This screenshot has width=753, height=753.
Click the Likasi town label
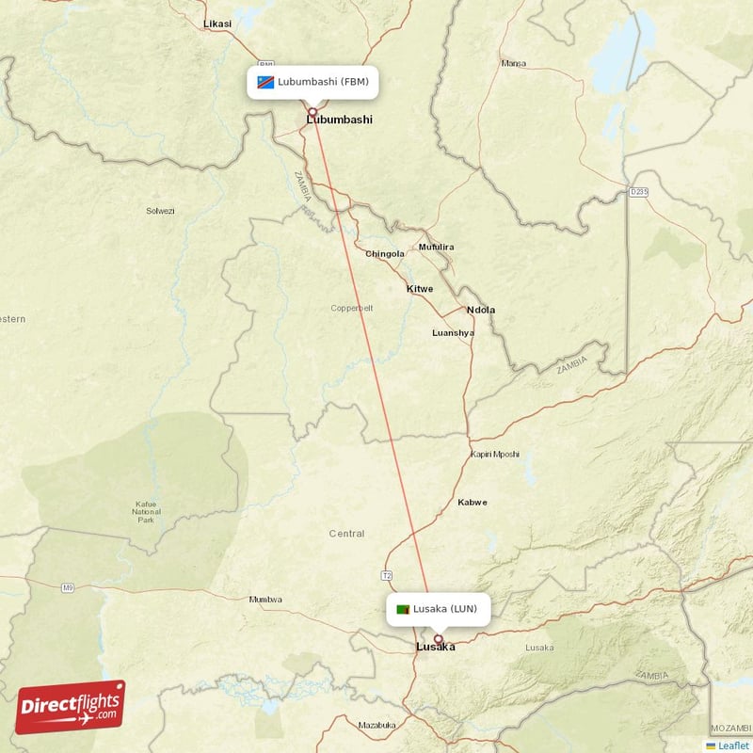coord(217,24)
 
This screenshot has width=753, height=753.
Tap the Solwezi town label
coord(160,211)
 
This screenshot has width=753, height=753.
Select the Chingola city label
coord(385,254)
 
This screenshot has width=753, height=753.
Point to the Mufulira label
coord(437,248)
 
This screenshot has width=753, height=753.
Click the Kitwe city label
coord(420,288)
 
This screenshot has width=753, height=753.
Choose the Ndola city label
coord(481,310)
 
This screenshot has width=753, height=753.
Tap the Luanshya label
coord(453,332)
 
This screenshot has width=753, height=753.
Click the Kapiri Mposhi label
coord(494,455)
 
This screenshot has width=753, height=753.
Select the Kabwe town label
coord(473,503)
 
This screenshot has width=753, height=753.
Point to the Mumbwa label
coord(265,600)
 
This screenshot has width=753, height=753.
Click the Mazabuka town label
coord(376,725)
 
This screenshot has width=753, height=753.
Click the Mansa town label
coord(514,64)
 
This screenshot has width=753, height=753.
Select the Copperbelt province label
coord(352,308)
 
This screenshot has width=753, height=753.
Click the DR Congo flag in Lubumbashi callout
coord(265,82)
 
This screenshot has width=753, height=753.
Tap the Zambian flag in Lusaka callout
coord(403,609)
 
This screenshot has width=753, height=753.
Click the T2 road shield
coord(386,574)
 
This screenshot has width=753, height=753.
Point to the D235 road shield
coord(638,192)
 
